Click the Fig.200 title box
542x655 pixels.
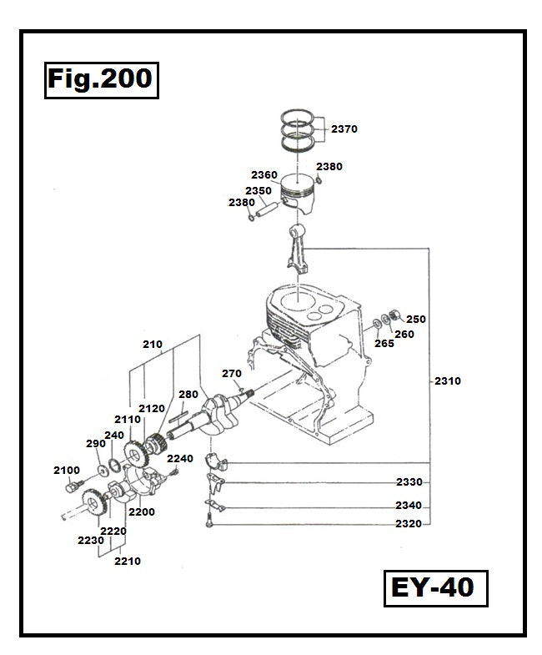[x=100, y=79]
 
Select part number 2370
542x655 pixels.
[x=344, y=129]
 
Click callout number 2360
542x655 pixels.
[x=264, y=175]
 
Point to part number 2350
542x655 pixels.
[x=258, y=190]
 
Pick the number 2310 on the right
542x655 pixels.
[x=447, y=381]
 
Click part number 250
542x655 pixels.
[x=415, y=319]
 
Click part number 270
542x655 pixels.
[x=231, y=373]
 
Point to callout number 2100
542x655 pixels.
[x=67, y=471]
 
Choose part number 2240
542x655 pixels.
[x=179, y=458]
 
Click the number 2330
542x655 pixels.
[x=409, y=482]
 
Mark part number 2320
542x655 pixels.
[x=409, y=524]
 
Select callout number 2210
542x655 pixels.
[x=128, y=561]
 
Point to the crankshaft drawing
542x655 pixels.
[x=212, y=413]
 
